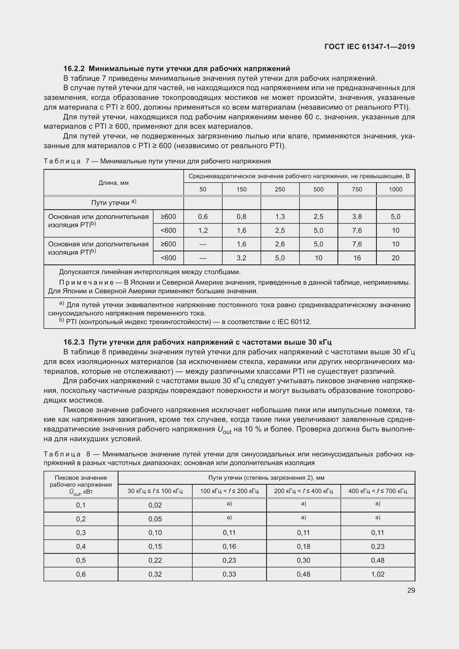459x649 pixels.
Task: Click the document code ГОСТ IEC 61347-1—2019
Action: coord(369,47)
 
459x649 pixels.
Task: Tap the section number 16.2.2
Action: coord(74,69)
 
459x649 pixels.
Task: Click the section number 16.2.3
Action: coord(74,342)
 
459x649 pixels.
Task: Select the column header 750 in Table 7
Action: coord(357,190)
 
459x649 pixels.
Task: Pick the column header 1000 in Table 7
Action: coord(395,190)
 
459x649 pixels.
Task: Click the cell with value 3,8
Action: coord(357,217)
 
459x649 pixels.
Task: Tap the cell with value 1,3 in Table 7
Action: coord(280,217)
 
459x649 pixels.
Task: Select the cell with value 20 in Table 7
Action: coord(395,258)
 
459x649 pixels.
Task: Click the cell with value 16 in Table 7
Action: coord(357,258)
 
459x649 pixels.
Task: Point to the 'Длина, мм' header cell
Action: coord(114,183)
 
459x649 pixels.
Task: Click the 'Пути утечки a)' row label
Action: coord(114,203)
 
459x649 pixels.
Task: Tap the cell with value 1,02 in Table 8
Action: coord(378,574)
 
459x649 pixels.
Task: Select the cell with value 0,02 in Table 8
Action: coord(155,505)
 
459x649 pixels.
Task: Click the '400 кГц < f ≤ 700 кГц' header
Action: coord(378,491)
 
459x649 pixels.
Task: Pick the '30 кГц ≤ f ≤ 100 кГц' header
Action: coord(155,491)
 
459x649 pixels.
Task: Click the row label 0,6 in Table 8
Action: coord(81,574)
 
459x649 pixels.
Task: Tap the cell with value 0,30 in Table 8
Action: coord(303,560)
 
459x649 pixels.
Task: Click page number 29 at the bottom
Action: coord(411,590)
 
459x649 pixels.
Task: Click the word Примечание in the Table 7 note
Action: coord(86,282)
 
